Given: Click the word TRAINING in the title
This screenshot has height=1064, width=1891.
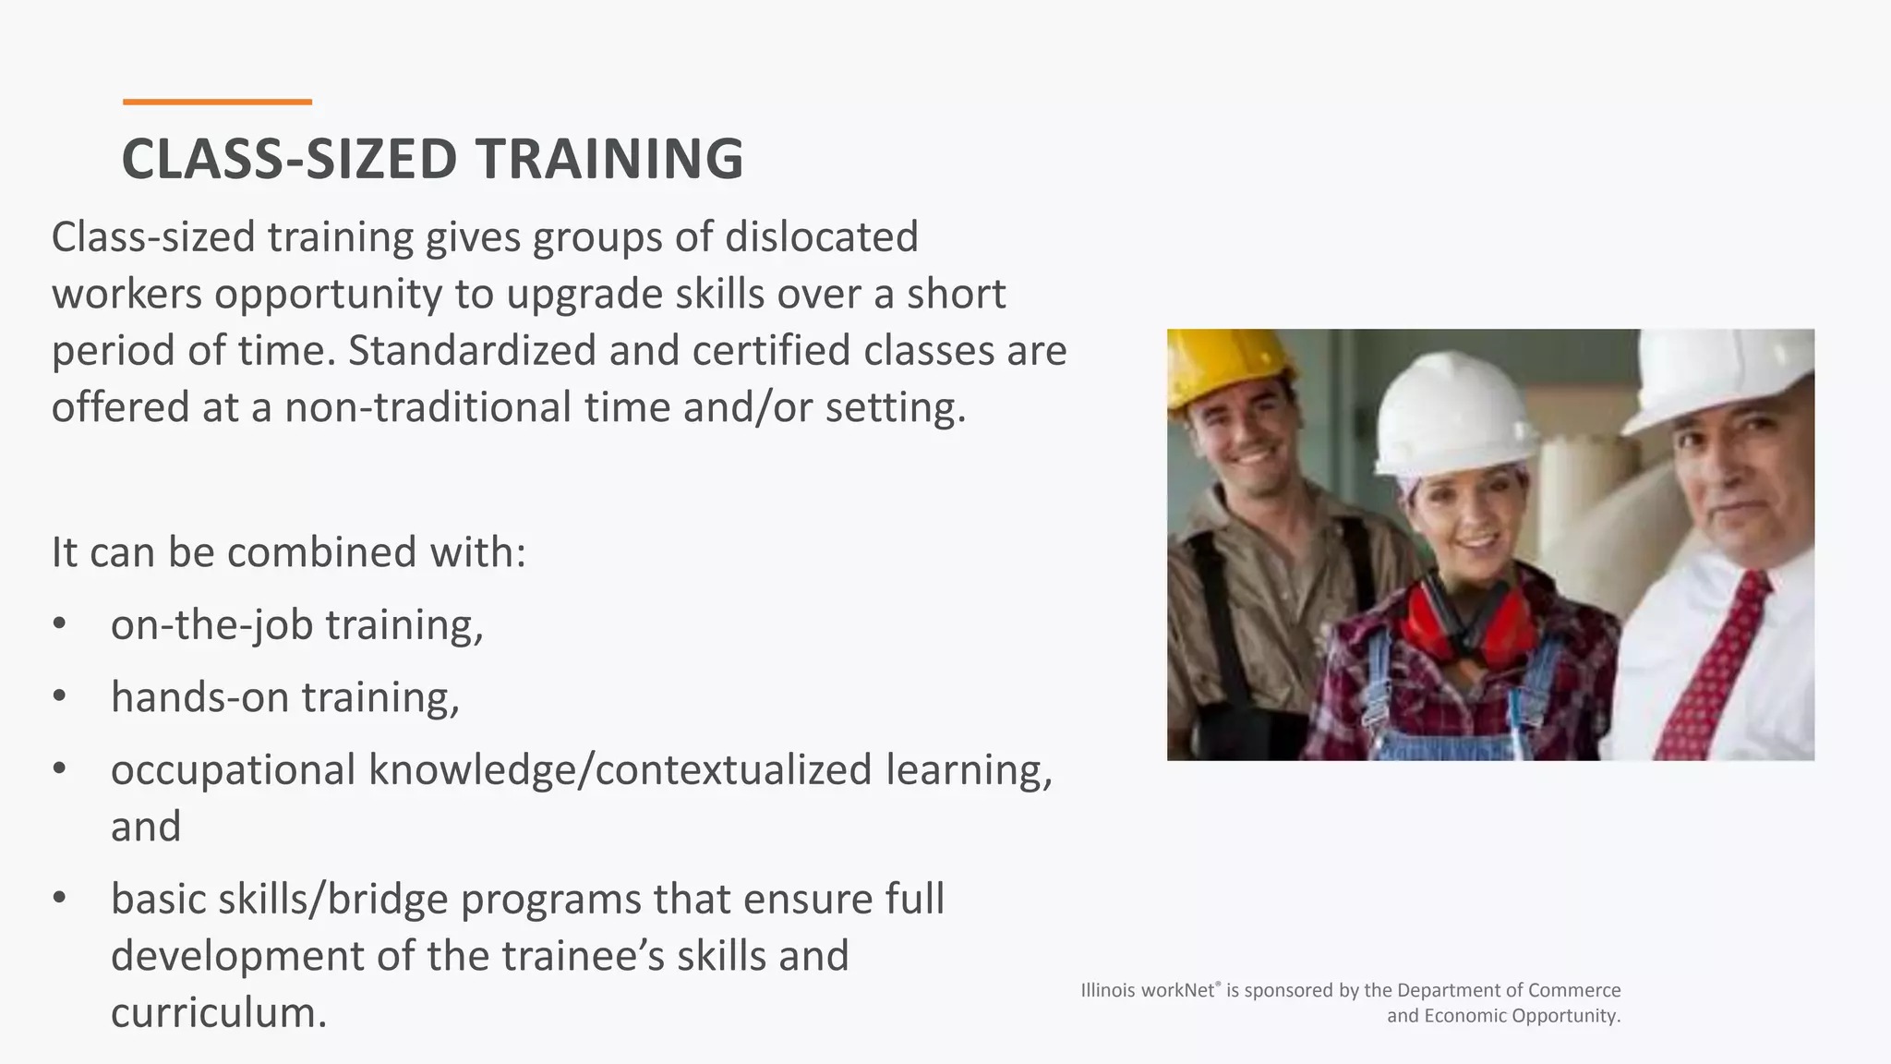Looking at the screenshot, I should [x=609, y=159].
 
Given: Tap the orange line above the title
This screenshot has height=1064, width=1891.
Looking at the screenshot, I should [x=217, y=102].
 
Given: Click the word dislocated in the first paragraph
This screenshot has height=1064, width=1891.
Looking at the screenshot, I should [x=821, y=237].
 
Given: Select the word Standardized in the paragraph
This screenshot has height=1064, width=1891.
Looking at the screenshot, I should [x=472, y=351].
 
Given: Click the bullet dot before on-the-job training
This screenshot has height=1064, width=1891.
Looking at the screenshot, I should [x=60, y=625].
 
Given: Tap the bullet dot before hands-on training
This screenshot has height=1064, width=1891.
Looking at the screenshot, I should [x=60, y=697].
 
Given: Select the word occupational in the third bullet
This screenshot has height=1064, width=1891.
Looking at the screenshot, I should [x=233, y=770].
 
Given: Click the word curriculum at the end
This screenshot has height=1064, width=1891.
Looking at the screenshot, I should [x=219, y=1012].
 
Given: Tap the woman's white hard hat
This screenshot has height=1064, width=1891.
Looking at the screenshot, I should [x=1450, y=420].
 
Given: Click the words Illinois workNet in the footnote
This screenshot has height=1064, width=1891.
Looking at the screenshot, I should [x=1150, y=990].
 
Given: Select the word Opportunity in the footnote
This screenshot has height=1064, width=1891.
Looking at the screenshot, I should [x=1568, y=1016].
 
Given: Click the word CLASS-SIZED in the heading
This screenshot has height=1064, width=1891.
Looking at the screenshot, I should [x=289, y=159].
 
